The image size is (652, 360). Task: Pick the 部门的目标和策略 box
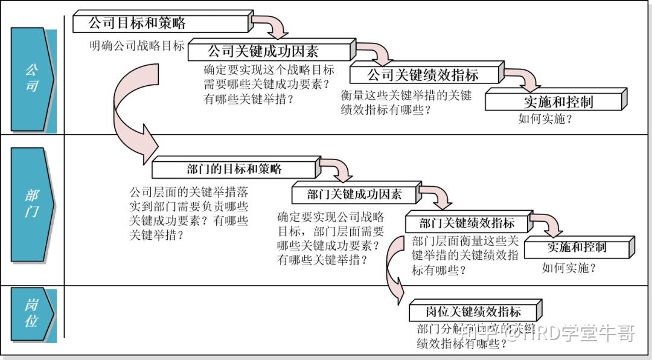click(234, 168)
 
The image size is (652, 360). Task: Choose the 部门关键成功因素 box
click(354, 194)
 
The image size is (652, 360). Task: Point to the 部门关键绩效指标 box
click(467, 222)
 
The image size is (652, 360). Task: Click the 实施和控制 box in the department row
click(578, 247)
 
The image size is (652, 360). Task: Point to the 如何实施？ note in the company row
click(545, 119)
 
